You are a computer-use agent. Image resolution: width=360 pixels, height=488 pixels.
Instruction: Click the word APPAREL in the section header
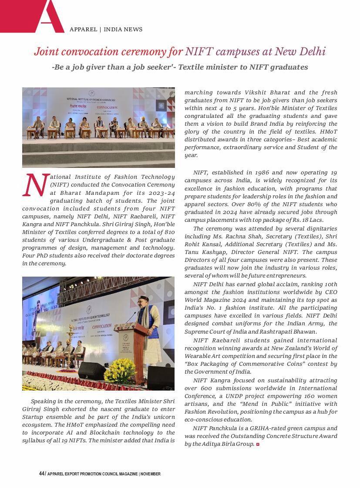tap(83, 30)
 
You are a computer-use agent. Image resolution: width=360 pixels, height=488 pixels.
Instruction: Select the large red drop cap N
tap(34, 185)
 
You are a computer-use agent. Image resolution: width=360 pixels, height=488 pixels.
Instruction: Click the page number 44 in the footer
tap(41, 474)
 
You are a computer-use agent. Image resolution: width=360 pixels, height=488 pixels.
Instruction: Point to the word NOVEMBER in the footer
tap(151, 474)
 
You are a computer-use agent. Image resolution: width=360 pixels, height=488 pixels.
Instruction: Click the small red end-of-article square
tap(258, 444)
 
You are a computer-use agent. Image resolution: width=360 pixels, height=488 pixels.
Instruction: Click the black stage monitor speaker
tap(91, 371)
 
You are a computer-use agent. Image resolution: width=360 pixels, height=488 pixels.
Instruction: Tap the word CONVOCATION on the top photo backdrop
tap(107, 107)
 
